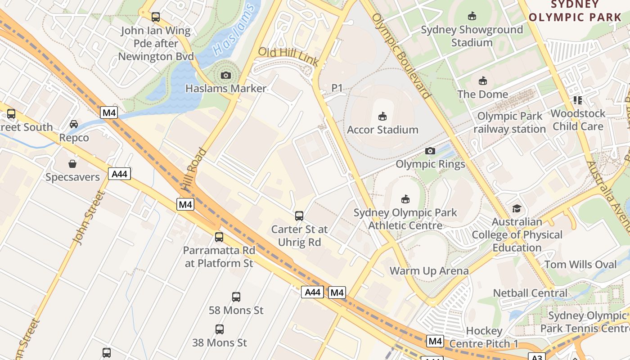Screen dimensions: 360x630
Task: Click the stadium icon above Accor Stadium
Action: [x=382, y=117]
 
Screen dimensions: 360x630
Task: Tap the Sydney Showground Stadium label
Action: [x=472, y=36]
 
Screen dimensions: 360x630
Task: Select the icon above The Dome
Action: [x=483, y=81]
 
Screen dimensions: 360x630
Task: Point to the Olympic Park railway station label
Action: [x=509, y=122]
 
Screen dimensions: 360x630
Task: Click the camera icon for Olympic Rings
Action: [x=430, y=151]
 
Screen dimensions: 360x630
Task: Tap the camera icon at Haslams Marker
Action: [x=226, y=75]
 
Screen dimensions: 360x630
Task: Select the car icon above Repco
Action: [x=74, y=124]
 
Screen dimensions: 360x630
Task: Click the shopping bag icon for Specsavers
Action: [x=72, y=163]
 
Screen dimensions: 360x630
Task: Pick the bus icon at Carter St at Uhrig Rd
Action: [x=299, y=216]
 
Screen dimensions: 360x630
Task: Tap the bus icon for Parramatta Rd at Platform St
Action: [x=219, y=237]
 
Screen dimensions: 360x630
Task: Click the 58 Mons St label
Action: [x=236, y=310]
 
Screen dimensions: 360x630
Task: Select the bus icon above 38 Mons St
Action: [x=220, y=329]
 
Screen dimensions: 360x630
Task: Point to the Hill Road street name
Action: [x=194, y=168]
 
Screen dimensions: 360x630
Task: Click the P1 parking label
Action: [x=337, y=88]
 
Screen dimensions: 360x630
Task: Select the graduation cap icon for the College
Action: [x=517, y=209]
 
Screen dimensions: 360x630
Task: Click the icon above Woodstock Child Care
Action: [x=578, y=100]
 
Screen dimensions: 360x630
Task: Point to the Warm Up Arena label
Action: [x=429, y=271]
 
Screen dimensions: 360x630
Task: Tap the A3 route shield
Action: [x=537, y=357]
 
